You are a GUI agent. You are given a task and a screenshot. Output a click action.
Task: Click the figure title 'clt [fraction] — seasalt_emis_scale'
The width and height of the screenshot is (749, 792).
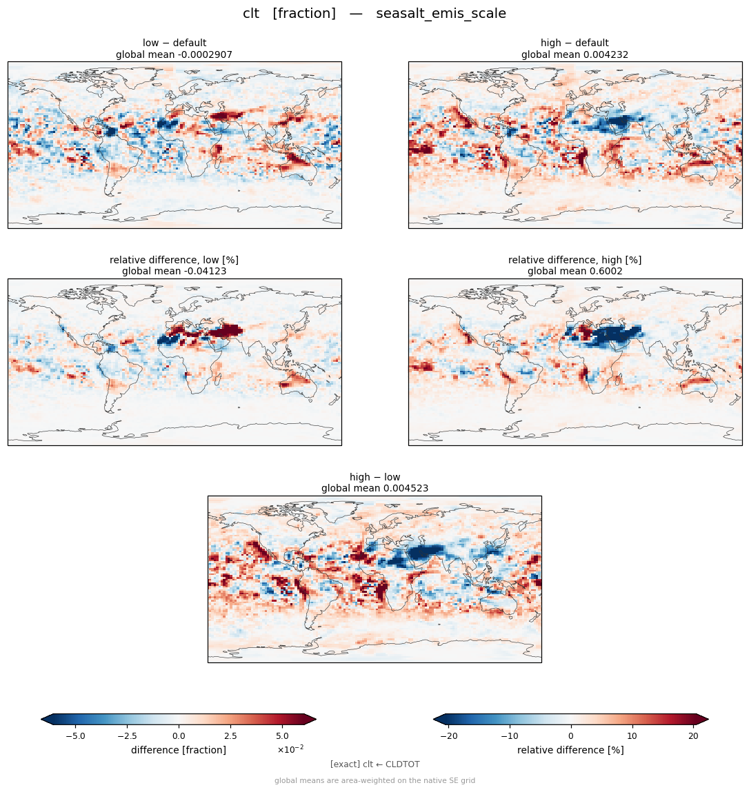(374, 13)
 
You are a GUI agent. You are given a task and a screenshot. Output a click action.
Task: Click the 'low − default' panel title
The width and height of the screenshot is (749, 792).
(174, 43)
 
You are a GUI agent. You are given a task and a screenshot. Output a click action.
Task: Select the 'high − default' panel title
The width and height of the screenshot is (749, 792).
(575, 43)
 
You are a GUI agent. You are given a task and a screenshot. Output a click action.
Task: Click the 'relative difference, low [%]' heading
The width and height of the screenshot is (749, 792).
(174, 260)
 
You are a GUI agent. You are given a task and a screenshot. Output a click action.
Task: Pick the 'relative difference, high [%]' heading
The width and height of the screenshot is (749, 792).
(575, 260)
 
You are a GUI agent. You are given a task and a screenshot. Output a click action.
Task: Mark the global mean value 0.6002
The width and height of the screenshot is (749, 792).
(606, 272)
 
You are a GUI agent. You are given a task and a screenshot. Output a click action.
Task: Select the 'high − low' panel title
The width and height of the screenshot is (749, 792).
(374, 477)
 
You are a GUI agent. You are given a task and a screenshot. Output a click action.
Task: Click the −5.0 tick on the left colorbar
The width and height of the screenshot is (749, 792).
(75, 736)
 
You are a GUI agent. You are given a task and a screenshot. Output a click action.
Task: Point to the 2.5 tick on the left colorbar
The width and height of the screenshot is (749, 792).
(230, 736)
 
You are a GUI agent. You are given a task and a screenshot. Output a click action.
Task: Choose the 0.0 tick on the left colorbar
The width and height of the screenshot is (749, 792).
(179, 736)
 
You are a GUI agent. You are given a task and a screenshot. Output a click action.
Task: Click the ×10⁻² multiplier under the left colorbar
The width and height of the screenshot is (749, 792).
(290, 749)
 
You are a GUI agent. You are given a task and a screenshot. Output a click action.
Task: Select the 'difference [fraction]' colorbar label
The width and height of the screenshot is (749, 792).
(179, 750)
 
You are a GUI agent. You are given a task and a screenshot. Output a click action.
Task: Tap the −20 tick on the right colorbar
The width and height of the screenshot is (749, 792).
(449, 736)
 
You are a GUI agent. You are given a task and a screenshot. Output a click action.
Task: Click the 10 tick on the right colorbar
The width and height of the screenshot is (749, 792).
(632, 736)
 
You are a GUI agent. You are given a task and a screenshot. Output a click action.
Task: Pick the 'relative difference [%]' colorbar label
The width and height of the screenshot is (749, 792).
(570, 750)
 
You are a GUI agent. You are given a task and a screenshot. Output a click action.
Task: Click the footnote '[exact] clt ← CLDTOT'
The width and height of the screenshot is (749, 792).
(374, 764)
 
